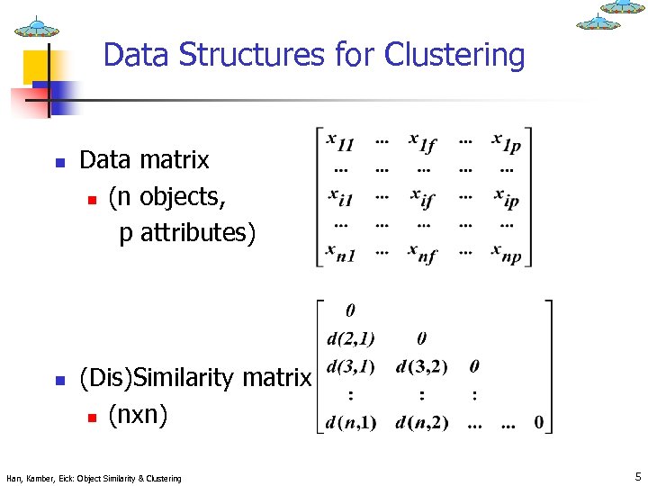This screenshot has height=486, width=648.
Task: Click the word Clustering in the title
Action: point(454,56)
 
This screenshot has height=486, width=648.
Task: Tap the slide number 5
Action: point(636,475)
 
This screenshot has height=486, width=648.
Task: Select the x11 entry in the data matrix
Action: point(340,143)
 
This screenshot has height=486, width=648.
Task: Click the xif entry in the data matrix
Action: point(423,197)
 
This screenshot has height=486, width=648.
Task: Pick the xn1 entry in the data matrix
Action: point(341,253)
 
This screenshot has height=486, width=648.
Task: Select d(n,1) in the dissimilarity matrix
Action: point(351,423)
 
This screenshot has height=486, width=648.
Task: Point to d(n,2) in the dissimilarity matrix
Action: point(422,423)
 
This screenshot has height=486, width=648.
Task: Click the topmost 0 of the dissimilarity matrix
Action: point(350,311)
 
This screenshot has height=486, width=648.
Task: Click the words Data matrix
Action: point(144,160)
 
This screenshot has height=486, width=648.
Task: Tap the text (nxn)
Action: point(138,415)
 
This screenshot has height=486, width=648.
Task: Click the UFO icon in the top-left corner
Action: point(37,27)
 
